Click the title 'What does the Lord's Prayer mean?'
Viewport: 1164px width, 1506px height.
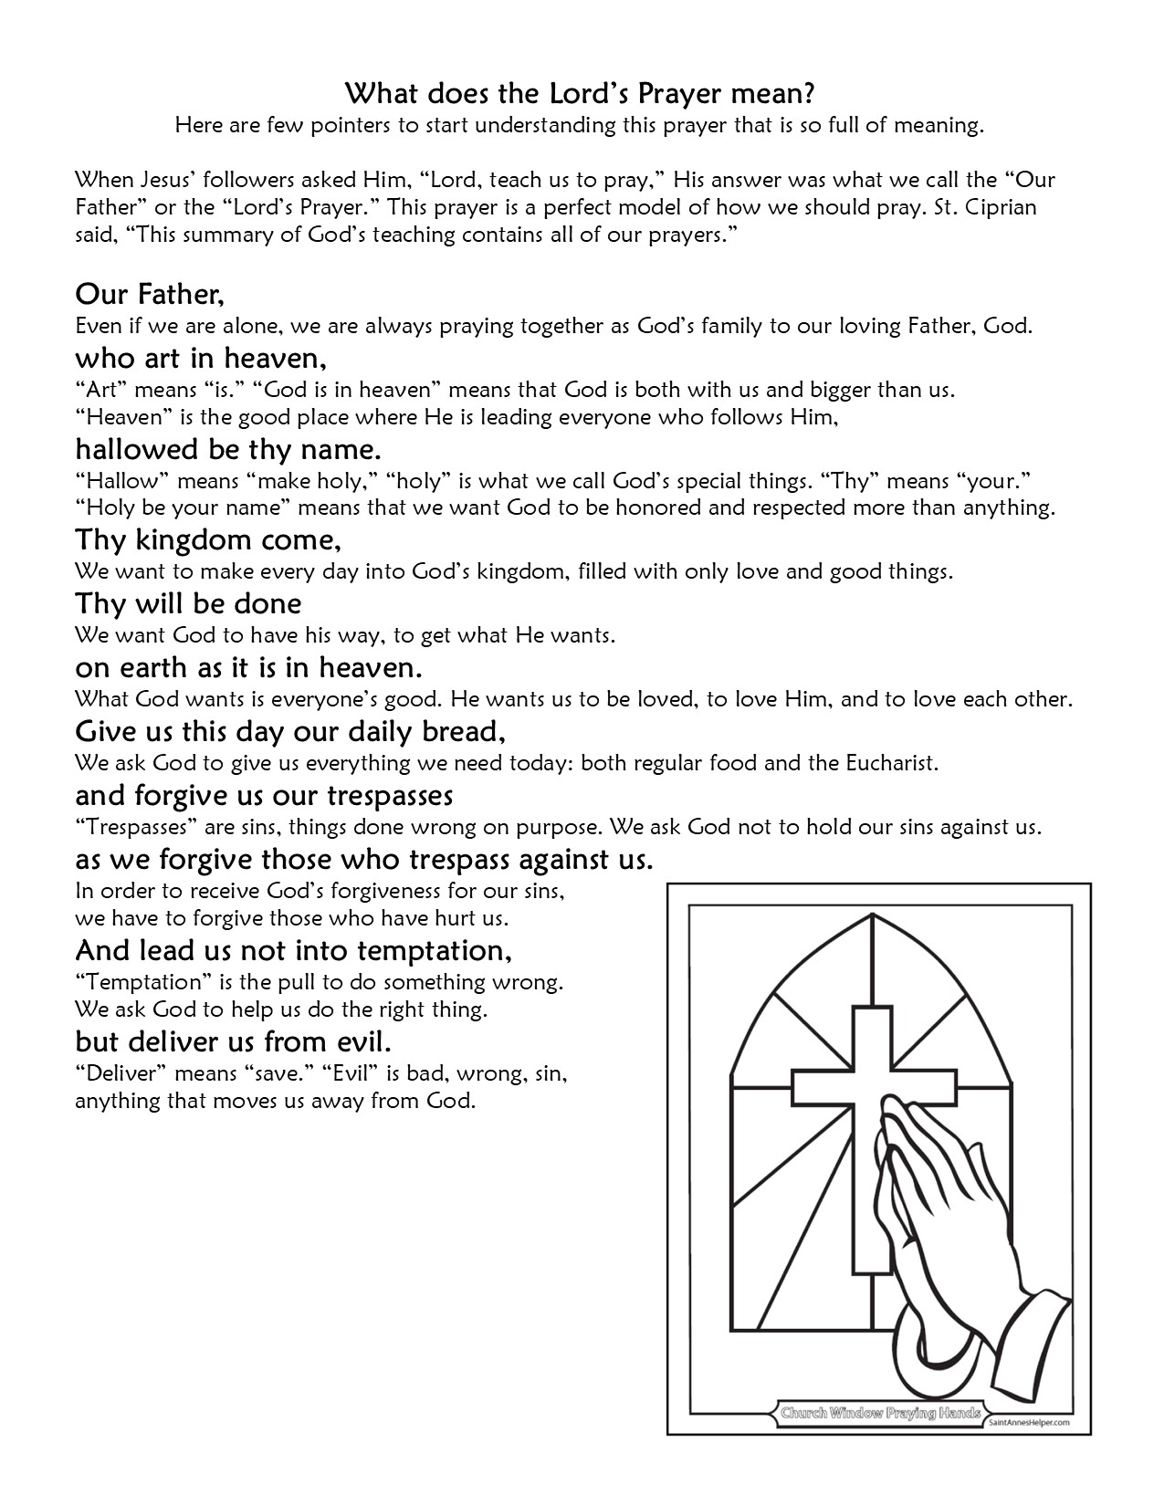pos(581,93)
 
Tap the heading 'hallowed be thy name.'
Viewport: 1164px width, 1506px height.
pos(227,449)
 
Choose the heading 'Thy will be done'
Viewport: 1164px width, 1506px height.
pos(188,603)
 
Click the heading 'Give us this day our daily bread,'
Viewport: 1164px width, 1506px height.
pos(290,731)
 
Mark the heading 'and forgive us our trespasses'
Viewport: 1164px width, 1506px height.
pos(264,795)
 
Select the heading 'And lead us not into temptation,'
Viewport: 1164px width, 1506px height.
pos(293,950)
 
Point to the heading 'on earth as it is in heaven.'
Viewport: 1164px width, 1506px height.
pos(248,667)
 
